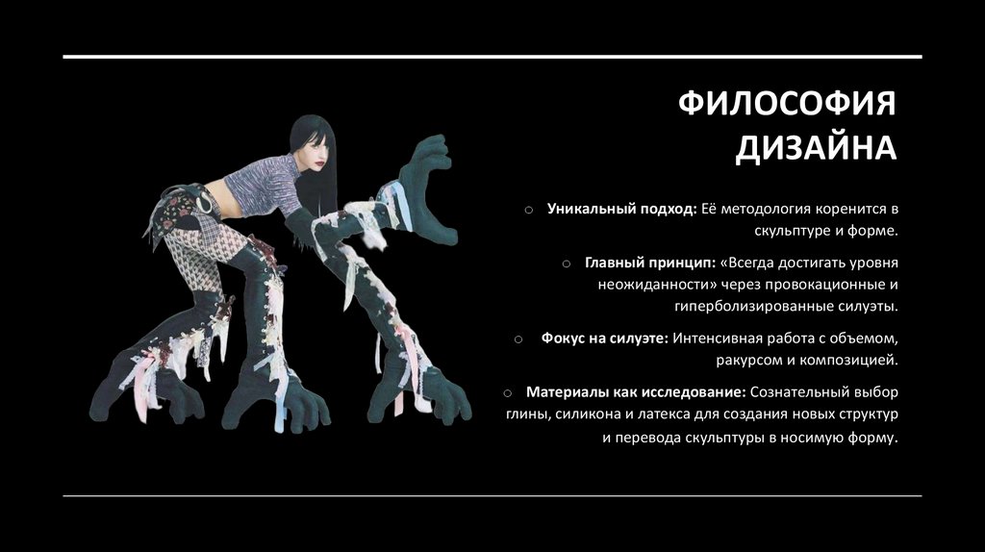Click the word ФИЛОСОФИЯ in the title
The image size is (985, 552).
tap(788, 103)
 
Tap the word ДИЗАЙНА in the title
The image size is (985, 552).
tap(816, 149)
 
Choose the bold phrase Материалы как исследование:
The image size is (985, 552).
tap(636, 391)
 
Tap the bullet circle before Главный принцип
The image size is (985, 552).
tap(568, 262)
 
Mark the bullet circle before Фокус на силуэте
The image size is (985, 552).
tap(518, 339)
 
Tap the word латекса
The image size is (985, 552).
tap(668, 414)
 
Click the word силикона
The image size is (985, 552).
tap(588, 414)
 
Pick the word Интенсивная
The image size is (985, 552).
tap(720, 338)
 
